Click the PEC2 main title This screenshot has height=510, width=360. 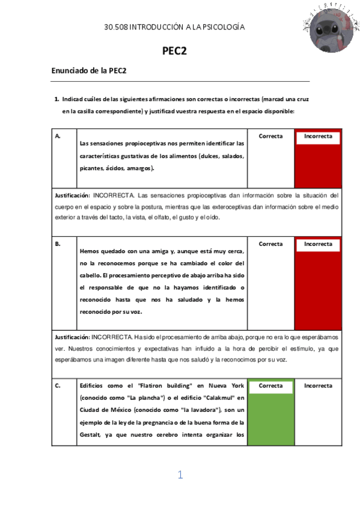click(x=175, y=51)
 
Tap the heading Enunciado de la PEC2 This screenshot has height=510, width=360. click(x=89, y=71)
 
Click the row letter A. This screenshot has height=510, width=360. click(x=58, y=137)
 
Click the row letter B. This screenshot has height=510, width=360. click(x=58, y=245)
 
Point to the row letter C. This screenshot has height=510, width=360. click(x=58, y=386)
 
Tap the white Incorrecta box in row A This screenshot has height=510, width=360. click(x=318, y=137)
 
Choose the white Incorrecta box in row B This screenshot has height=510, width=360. click(x=318, y=245)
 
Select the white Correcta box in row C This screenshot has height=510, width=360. click(x=270, y=386)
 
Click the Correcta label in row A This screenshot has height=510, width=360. click(x=270, y=137)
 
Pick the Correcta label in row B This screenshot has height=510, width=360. click(x=270, y=244)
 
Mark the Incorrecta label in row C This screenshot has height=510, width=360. click(x=318, y=386)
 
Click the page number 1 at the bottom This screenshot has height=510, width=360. click(x=180, y=475)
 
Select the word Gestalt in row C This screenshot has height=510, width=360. click(x=91, y=433)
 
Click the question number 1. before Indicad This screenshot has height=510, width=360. click(x=56, y=99)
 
